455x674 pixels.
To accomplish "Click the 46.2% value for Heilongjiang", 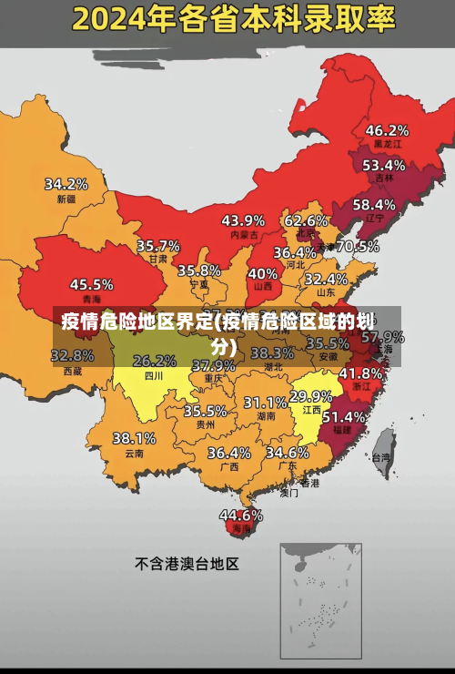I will (x=387, y=129).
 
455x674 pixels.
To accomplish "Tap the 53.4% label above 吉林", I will (x=383, y=165).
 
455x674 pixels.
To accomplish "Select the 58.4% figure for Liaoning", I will (x=374, y=204).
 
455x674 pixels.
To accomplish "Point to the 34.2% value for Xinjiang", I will (x=66, y=184).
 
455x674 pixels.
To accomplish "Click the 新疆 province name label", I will (x=66, y=199).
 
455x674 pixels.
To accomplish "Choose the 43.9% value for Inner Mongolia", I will (x=243, y=220).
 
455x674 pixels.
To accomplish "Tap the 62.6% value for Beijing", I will (x=306, y=220).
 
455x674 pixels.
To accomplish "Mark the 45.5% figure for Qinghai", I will (x=92, y=284).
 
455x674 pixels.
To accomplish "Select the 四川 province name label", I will (x=154, y=375).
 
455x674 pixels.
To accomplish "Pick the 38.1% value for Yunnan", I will (x=134, y=438).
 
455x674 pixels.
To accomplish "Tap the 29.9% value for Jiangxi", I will (x=310, y=396).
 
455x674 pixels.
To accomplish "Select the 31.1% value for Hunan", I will (x=265, y=402).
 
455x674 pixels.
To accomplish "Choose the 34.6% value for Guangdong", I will (x=287, y=452).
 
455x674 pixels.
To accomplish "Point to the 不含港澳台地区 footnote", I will (x=187, y=564).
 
